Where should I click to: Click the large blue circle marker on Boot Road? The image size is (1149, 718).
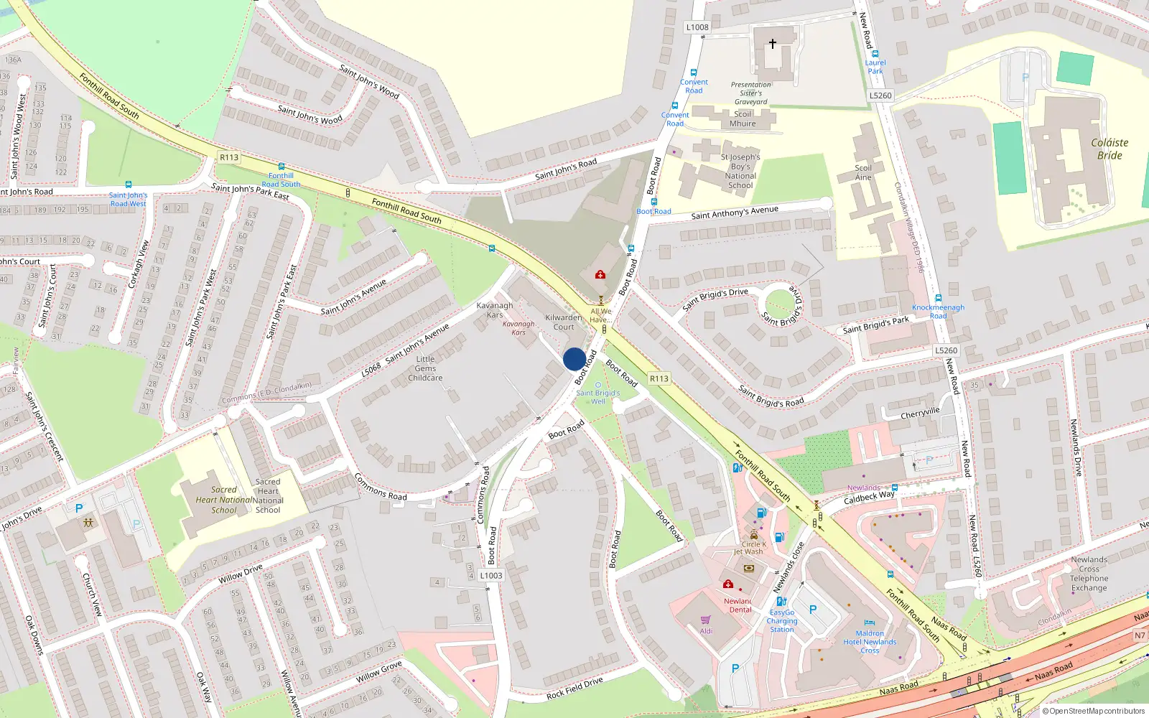[574, 359]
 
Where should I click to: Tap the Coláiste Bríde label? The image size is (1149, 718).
[1110, 149]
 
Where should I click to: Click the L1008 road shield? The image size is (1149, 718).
[697, 27]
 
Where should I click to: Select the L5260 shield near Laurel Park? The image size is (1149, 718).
[880, 95]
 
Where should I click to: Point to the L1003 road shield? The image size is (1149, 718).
[491, 575]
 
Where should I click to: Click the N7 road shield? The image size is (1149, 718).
[1140, 635]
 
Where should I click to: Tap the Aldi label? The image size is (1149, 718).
[707, 631]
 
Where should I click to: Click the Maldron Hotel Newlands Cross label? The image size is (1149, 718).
[870, 642]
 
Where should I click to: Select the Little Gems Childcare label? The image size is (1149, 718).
[425, 368]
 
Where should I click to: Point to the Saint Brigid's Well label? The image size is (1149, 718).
[597, 397]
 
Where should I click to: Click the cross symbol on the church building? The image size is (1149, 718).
[773, 44]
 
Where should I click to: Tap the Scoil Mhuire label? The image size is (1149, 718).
[743, 118]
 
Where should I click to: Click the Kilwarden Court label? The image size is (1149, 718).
[564, 322]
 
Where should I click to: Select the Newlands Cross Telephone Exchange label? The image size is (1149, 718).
[1089, 574]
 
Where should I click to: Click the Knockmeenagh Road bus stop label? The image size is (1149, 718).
[938, 311]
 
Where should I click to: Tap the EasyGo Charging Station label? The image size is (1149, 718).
[782, 621]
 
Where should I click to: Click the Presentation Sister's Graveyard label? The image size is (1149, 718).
[750, 93]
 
